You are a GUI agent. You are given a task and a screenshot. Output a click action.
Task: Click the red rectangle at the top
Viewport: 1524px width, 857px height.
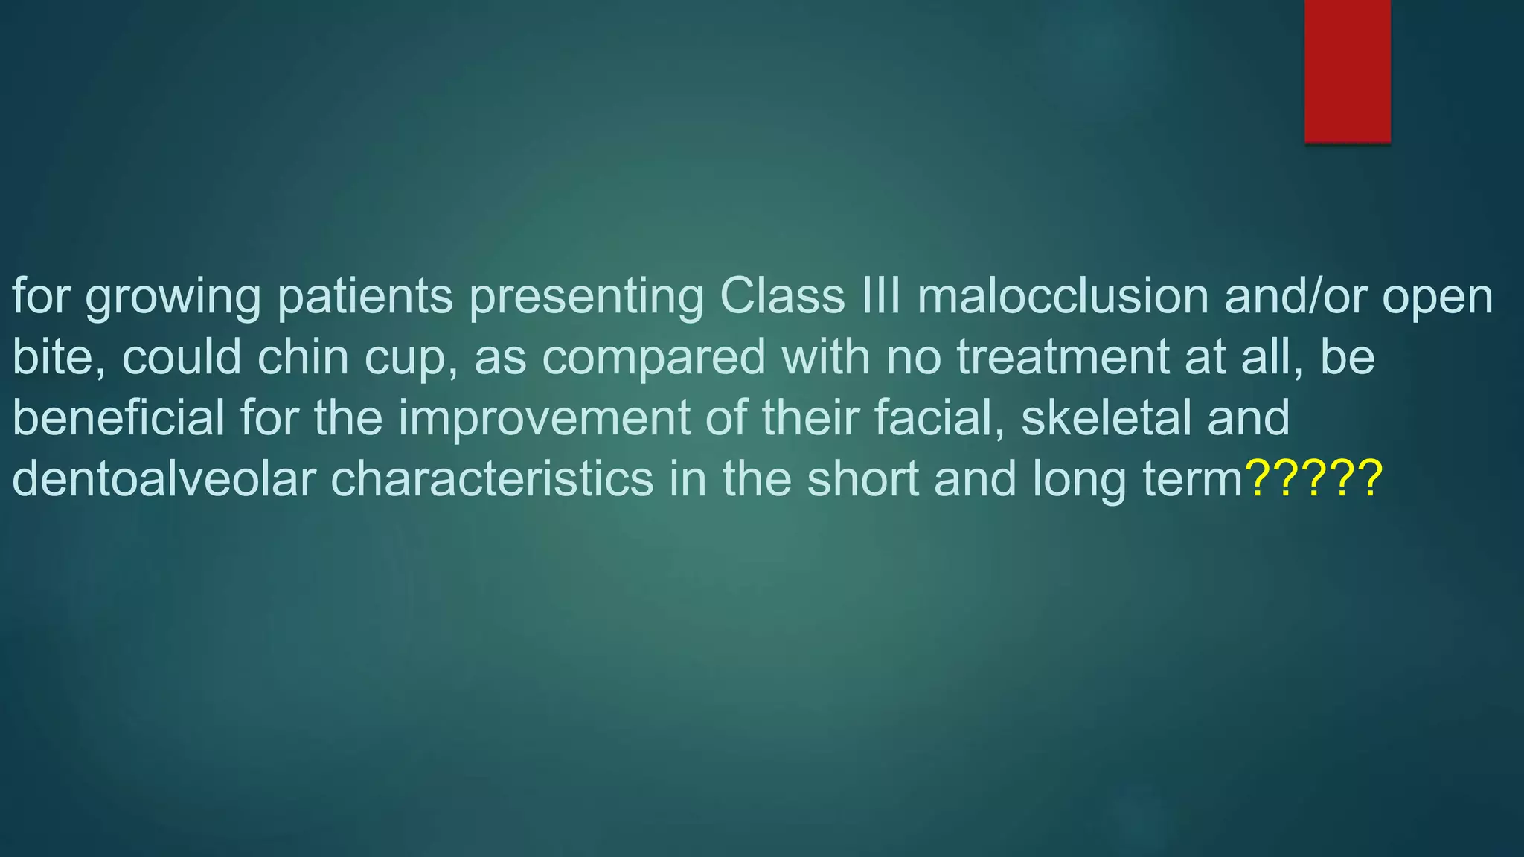coord(1347,71)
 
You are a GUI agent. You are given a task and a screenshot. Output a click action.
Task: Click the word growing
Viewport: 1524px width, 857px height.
coord(173,298)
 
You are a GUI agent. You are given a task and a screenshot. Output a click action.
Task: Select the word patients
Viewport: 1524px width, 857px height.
coord(365,297)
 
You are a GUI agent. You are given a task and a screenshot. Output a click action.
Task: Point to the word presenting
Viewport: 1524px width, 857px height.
coord(586,298)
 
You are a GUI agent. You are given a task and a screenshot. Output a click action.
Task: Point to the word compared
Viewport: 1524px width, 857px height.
coord(653,358)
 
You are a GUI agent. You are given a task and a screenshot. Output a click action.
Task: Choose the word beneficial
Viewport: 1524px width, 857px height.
coord(118,417)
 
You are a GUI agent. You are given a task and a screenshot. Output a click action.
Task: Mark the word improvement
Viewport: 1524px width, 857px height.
coord(544,419)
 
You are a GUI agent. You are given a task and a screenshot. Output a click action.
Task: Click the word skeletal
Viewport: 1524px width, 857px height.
coord(1105,417)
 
